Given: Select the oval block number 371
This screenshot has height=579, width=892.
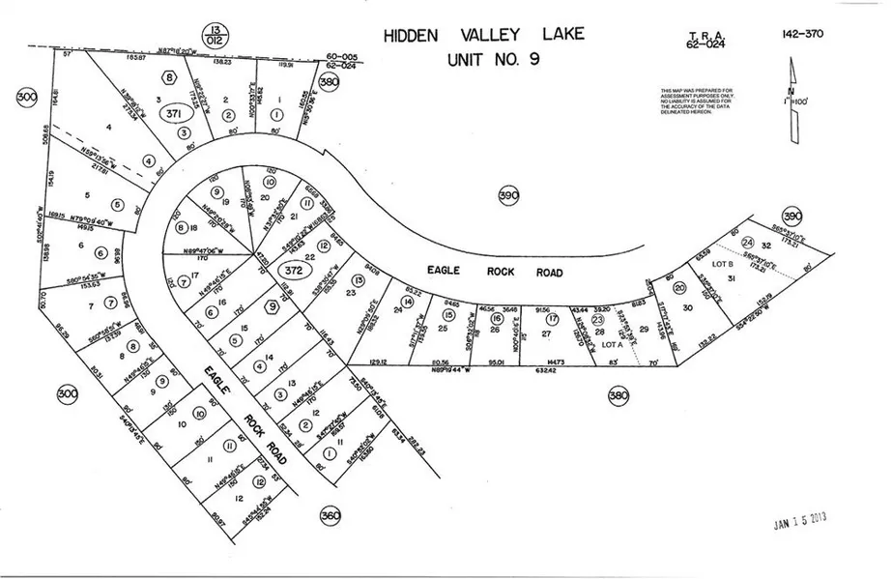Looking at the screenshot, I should tap(175, 113).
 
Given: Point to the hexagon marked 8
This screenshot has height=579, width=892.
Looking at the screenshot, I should tap(171, 78).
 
